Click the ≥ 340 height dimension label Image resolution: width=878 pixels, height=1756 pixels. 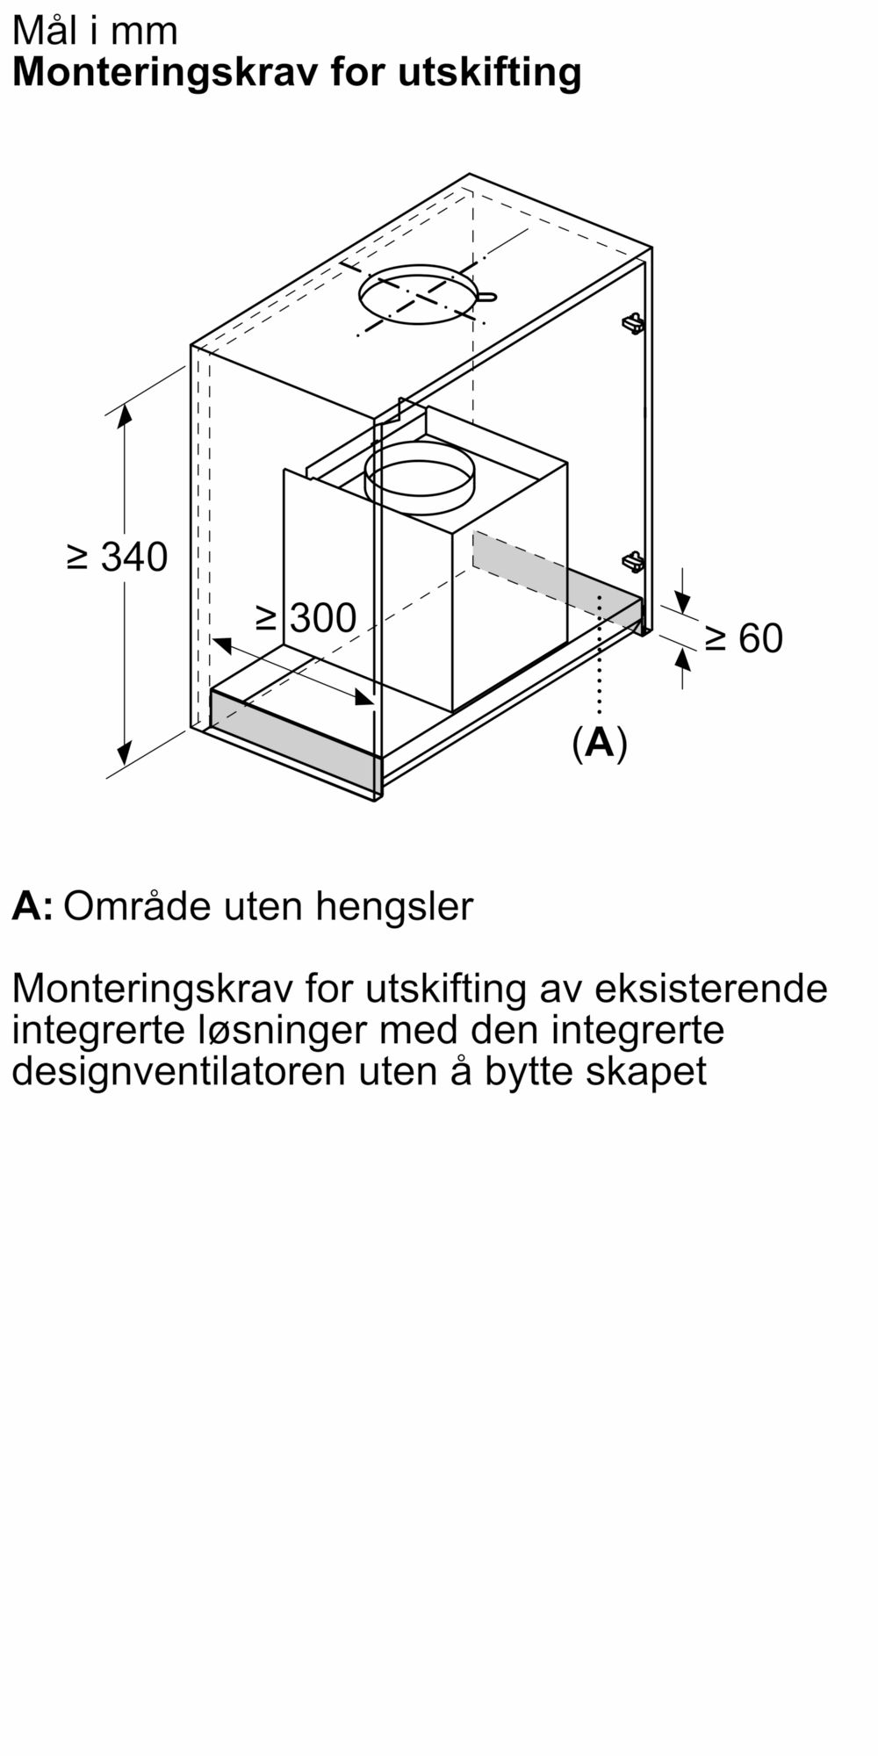118,557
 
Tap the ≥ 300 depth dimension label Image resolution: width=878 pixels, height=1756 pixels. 306,618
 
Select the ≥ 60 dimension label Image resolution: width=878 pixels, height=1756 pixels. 744,638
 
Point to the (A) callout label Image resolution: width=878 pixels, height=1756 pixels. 600,743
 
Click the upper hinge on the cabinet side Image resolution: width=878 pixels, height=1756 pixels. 633,323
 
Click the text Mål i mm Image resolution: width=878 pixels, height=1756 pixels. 95,31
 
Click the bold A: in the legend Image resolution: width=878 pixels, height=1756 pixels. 32,906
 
